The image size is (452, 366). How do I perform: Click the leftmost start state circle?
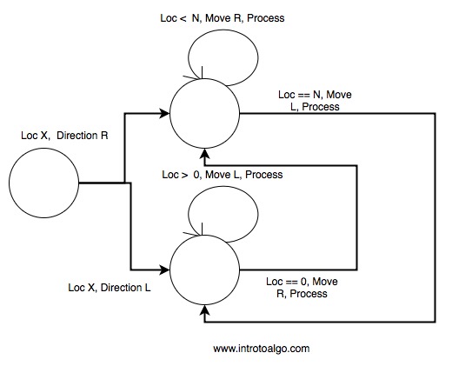(43, 183)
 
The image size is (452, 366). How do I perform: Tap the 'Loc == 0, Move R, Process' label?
(300, 288)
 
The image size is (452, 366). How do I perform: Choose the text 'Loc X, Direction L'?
(108, 286)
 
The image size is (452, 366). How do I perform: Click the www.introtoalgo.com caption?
(262, 348)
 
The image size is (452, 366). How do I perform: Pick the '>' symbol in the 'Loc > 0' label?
(184, 175)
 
